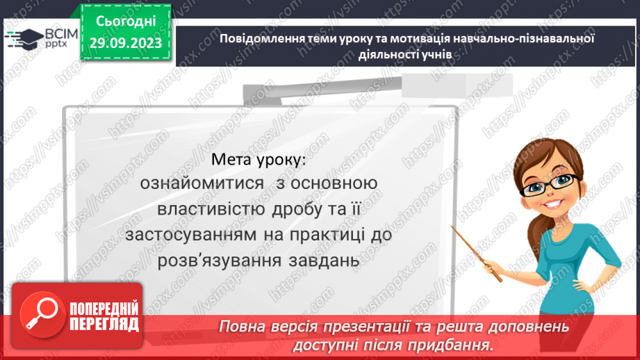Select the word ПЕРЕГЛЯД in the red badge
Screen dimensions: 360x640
[x=104, y=323]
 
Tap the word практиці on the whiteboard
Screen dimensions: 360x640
[x=327, y=235]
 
